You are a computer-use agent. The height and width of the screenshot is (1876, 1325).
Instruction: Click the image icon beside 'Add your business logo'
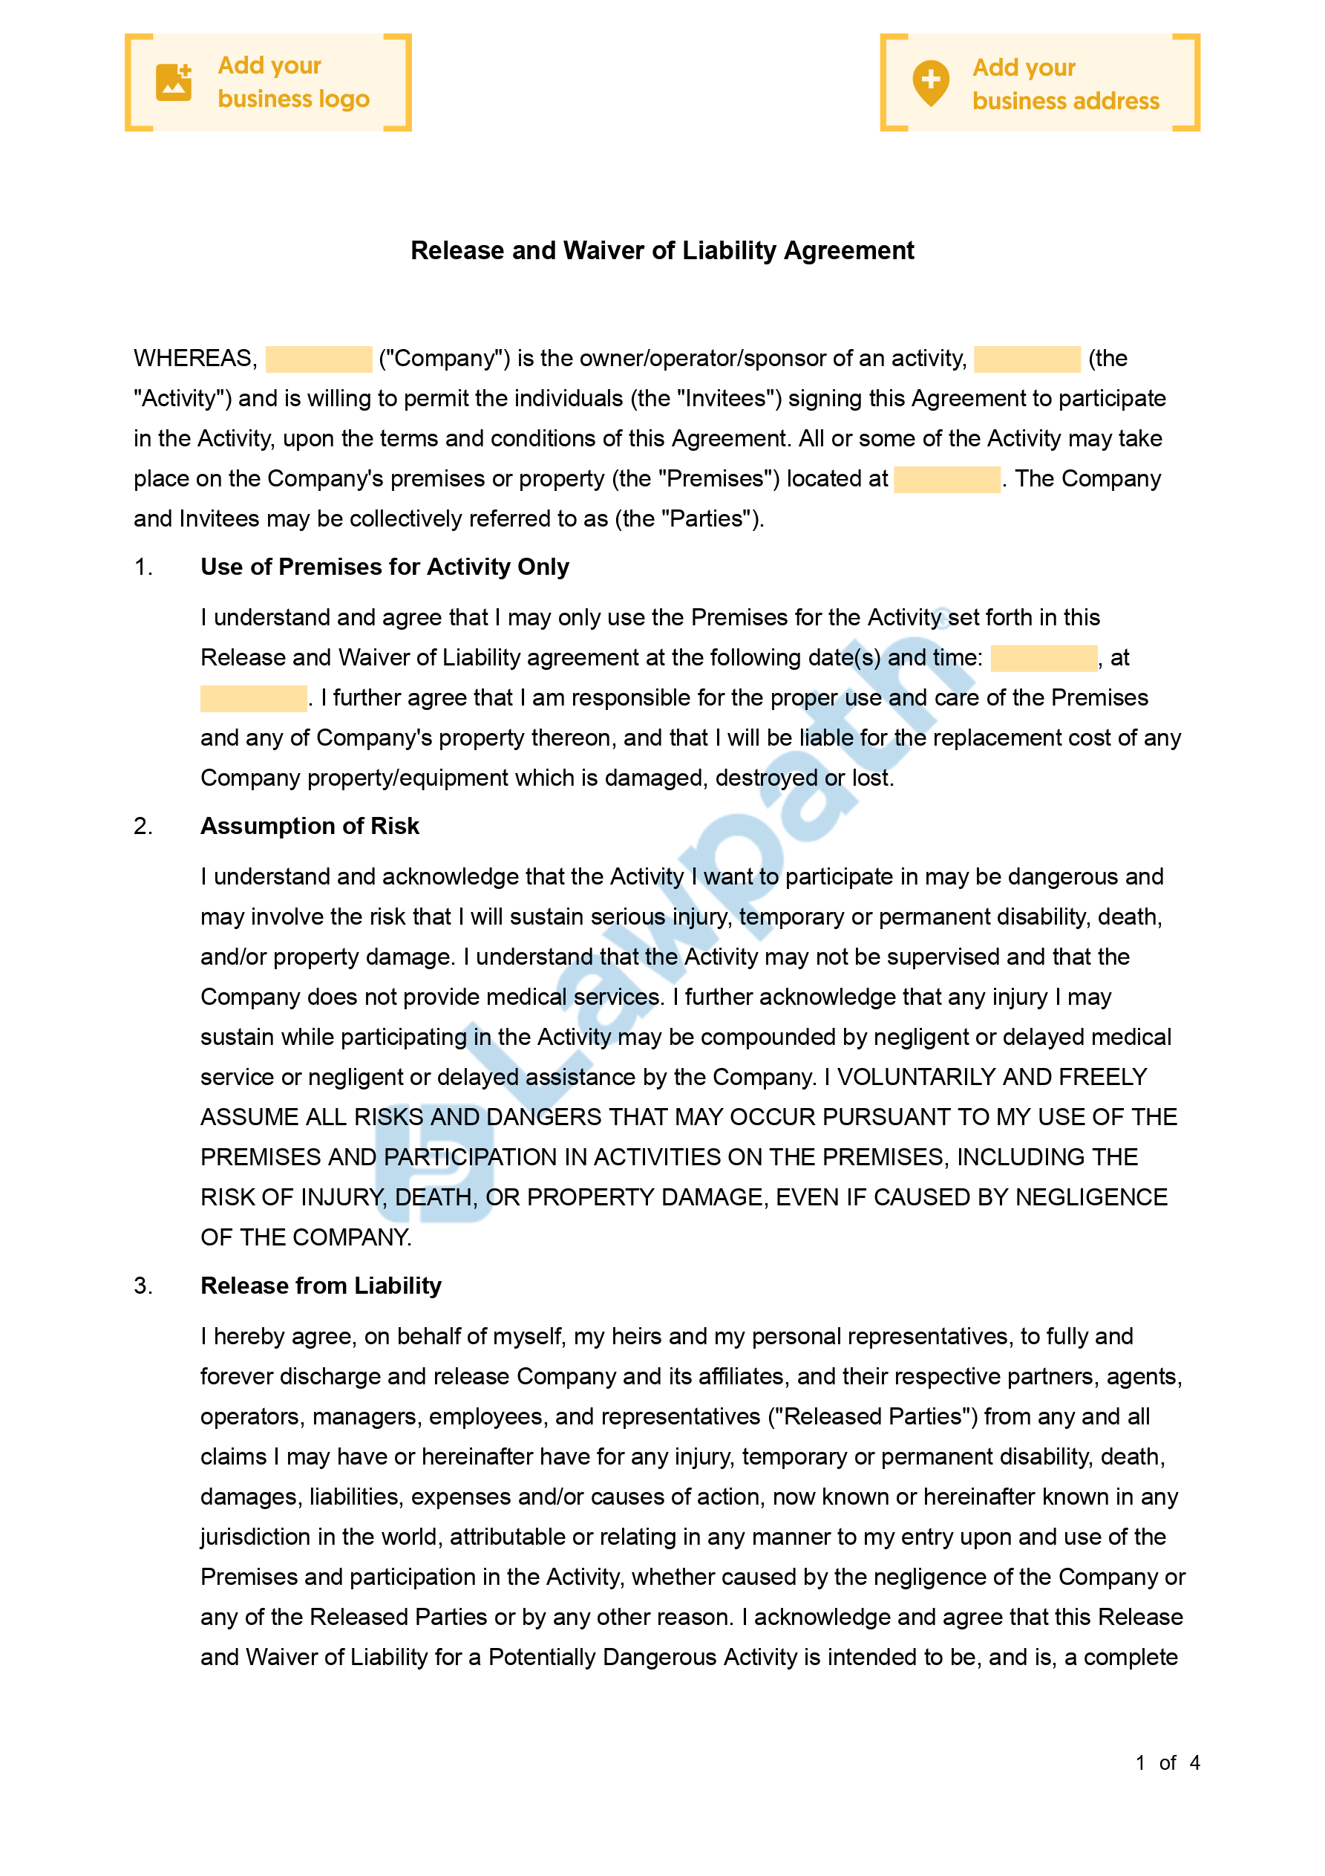pos(173,82)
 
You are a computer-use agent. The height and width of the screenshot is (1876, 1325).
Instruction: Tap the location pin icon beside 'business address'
pos(930,82)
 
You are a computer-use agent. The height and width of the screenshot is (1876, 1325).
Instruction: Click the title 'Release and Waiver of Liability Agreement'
pos(661,251)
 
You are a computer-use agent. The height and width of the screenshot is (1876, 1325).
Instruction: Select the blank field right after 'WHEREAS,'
pos(318,359)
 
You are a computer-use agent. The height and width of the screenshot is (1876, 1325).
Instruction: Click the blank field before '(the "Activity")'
pos(1027,359)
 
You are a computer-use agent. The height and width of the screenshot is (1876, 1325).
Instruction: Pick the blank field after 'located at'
pos(946,480)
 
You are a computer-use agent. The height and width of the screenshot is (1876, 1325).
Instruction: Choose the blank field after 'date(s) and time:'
pos(1043,659)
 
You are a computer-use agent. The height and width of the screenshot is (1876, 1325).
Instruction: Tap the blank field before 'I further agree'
pos(253,699)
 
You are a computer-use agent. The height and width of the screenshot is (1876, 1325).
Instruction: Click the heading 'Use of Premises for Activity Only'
pos(385,567)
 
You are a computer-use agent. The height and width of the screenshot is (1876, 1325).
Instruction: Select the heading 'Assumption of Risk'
pos(310,826)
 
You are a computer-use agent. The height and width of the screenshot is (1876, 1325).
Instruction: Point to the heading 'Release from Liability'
pos(321,1286)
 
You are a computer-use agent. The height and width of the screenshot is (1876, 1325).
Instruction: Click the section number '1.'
pos(143,567)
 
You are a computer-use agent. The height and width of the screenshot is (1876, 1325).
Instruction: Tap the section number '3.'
pos(143,1286)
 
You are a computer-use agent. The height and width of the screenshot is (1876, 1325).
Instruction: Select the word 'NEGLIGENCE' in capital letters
pos(1091,1198)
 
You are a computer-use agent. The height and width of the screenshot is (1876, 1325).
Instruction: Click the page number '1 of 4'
pos(1168,1763)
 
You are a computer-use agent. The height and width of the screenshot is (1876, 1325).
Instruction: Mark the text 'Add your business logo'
pos(293,82)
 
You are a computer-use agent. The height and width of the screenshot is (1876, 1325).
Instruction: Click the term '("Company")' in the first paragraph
pos(445,359)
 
